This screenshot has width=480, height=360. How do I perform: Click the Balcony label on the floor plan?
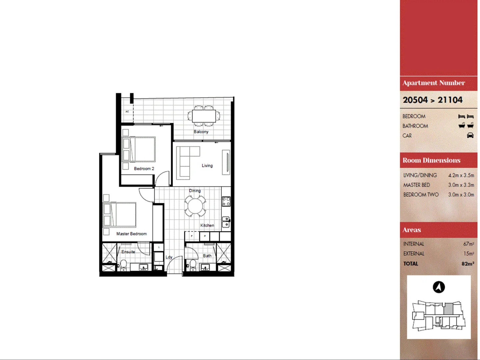click(x=201, y=132)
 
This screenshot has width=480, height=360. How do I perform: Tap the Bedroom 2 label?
click(x=144, y=169)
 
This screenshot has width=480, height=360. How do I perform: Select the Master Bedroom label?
click(x=131, y=234)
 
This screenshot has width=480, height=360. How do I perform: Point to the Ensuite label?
click(x=128, y=252)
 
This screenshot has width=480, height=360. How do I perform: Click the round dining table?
click(x=195, y=206)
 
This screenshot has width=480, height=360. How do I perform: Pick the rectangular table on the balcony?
click(x=204, y=116)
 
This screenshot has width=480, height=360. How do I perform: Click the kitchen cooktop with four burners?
click(x=226, y=201)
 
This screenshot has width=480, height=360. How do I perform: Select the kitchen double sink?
click(x=226, y=222)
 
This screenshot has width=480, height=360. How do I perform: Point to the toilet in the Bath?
click(x=193, y=264)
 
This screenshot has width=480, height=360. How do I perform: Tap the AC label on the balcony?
click(x=127, y=111)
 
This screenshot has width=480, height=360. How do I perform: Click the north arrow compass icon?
click(x=439, y=287)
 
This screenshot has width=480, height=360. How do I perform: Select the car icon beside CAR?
click(x=470, y=135)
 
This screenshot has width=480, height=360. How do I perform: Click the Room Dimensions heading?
click(x=431, y=160)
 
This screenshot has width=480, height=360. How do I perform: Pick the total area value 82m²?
click(x=468, y=264)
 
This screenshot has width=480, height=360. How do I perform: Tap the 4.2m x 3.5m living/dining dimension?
click(x=461, y=175)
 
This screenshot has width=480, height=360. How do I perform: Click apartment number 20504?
click(x=415, y=100)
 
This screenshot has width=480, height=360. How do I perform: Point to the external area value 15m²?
click(x=468, y=254)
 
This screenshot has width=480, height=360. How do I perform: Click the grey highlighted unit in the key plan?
click(x=448, y=309)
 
